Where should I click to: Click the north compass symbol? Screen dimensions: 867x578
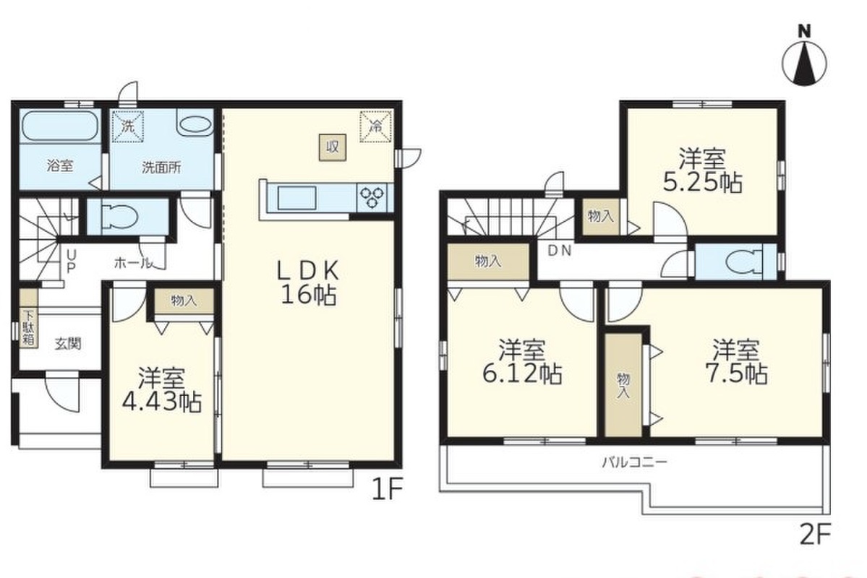coord(805,57)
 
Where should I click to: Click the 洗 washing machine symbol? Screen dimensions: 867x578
coord(128,126)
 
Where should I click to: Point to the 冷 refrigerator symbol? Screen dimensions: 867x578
coord(376,126)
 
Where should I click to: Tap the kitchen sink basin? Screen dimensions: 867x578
coord(297,198)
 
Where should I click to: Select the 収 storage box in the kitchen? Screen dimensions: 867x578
coord(333,147)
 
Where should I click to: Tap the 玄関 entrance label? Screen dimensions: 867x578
coord(68,344)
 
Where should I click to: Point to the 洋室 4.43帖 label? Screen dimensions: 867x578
coord(161,390)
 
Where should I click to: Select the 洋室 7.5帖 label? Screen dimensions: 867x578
coord(736,362)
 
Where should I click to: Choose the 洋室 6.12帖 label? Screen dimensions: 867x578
coord(523,363)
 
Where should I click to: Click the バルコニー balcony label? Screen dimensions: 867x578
coord(636,461)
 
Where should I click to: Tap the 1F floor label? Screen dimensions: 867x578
coord(387,489)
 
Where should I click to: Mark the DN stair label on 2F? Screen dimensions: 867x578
coord(559,250)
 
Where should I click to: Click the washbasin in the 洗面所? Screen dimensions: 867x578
coord(196,124)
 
